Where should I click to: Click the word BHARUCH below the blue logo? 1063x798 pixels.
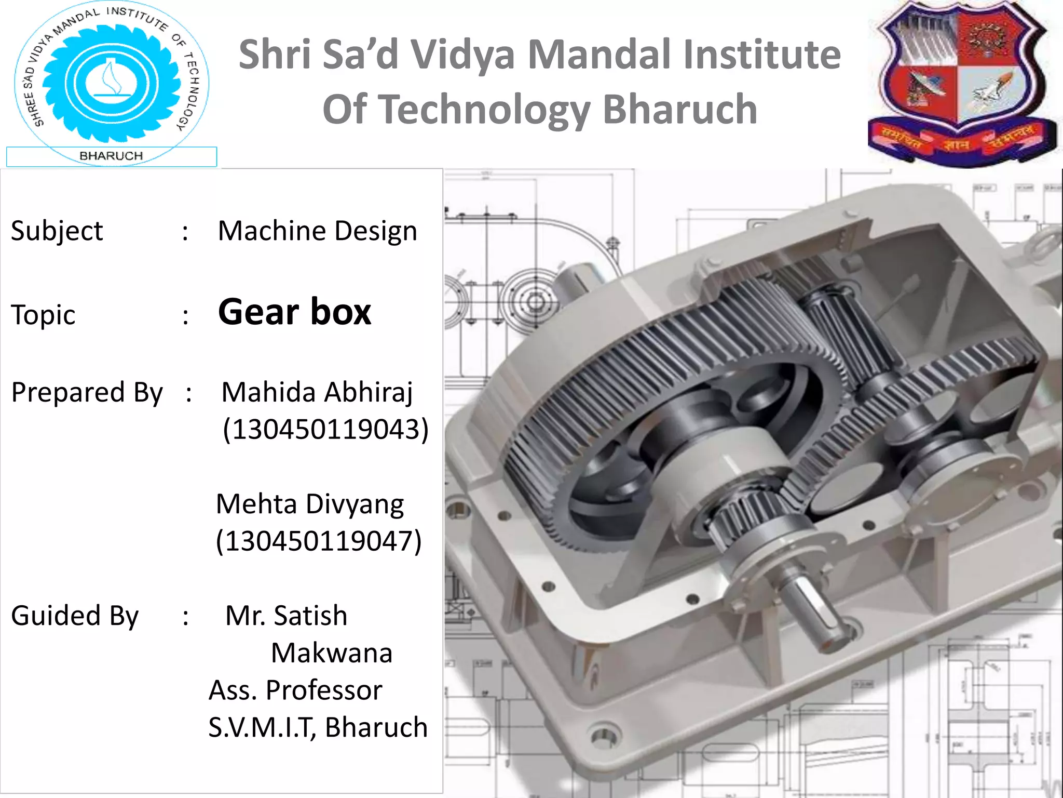coord(111,156)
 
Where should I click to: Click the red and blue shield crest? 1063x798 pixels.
coord(962,83)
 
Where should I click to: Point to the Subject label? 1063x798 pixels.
coord(57,231)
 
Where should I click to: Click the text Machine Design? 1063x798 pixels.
coord(317,231)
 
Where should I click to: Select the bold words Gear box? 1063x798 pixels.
coord(294,312)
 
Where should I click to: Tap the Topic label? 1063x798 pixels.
coord(43,315)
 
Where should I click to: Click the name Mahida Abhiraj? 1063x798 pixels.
coord(317,392)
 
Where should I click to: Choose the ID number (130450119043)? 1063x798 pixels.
coord(325,430)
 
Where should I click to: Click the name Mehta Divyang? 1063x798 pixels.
coord(310,504)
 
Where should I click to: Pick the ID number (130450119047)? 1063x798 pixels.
coord(319,541)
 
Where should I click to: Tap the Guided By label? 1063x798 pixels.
coord(75,616)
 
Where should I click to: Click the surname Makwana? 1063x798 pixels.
coord(332,653)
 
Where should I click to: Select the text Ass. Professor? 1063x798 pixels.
coord(295,690)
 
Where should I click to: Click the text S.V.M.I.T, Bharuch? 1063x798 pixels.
coord(318,727)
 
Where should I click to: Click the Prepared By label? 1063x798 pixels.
coord(87,393)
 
